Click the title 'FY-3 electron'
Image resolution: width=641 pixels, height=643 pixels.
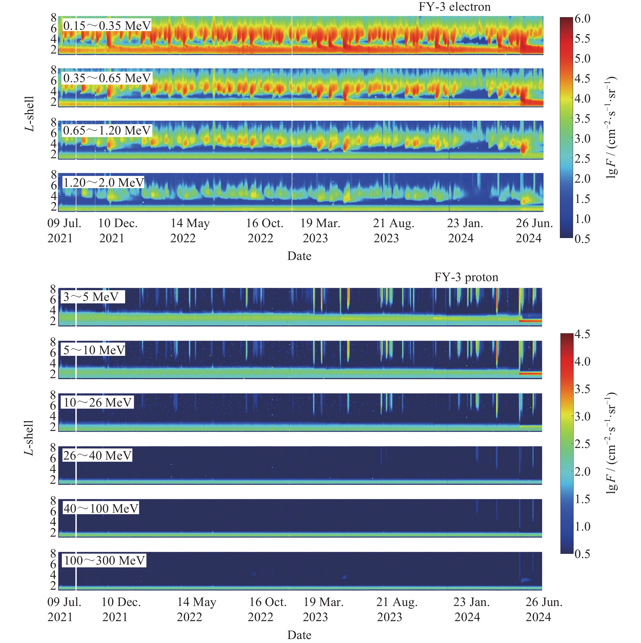[x=454, y=7]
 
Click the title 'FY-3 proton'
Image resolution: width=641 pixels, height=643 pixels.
[x=466, y=277]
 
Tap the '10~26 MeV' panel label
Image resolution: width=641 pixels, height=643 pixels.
[x=97, y=403]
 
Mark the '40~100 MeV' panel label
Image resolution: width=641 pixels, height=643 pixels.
[x=101, y=508]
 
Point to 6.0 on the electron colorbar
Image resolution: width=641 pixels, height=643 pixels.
[x=582, y=19]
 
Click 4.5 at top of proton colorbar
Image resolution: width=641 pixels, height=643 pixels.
[x=582, y=334]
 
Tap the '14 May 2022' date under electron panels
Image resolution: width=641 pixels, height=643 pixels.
[x=190, y=231]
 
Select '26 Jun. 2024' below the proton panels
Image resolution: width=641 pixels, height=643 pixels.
[x=544, y=610]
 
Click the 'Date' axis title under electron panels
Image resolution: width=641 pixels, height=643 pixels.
[x=299, y=256]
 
